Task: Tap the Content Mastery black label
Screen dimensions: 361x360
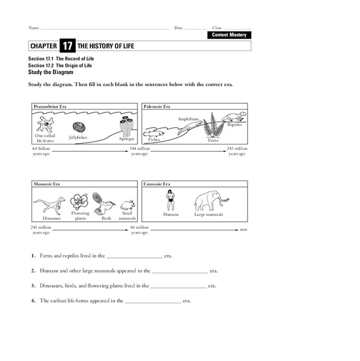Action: click(229, 35)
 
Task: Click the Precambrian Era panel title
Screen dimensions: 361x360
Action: click(50, 106)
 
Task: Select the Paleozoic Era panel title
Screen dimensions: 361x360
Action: click(157, 106)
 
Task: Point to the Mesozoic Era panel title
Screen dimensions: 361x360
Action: click(47, 184)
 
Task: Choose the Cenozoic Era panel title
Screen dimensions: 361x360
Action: click(157, 184)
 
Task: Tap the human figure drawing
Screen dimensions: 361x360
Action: click(171, 199)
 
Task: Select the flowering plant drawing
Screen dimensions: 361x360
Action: click(80, 200)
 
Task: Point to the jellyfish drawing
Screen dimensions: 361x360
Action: click(79, 128)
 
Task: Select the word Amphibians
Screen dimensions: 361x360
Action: click(188, 119)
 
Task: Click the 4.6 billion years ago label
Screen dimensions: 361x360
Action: click(41, 151)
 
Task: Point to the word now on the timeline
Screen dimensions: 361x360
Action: click(243, 230)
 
